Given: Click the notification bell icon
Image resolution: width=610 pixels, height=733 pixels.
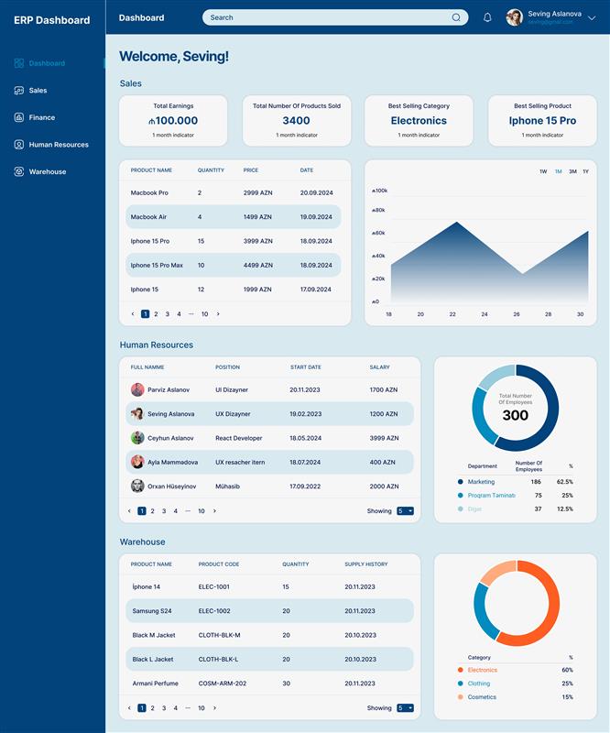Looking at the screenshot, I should [x=487, y=17].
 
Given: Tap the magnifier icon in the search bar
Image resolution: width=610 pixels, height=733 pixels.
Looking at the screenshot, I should [x=456, y=17].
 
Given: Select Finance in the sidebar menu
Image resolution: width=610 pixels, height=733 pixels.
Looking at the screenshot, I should [x=41, y=117].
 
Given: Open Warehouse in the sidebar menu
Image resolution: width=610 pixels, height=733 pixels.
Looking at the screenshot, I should [x=47, y=171].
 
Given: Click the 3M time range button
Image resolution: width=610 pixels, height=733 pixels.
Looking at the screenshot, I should [x=572, y=171].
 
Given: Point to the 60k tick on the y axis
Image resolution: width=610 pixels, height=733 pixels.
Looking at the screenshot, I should [x=380, y=233].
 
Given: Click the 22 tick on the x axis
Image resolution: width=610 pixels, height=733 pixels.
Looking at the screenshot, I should [x=452, y=314].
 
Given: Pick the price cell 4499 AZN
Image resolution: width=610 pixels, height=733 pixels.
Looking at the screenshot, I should [x=257, y=266].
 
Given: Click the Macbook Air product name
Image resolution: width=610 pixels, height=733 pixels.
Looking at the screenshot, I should [x=148, y=217].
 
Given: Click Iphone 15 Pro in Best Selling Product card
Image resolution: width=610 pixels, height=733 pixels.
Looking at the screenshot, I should [x=542, y=121].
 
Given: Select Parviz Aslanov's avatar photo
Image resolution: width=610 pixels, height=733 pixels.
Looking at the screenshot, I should [x=137, y=389].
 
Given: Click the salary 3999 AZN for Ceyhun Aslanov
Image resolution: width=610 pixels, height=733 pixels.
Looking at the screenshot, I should [x=384, y=438].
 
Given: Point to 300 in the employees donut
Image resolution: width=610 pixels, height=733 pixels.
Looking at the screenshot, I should [x=515, y=416].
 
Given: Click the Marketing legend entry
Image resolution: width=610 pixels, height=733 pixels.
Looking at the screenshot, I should [x=481, y=482].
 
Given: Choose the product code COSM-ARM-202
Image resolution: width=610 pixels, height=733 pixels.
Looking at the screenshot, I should [x=222, y=684].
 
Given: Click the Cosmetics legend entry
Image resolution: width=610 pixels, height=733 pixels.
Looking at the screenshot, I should [x=482, y=697].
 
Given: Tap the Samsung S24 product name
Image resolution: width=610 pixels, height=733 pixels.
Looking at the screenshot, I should [x=152, y=611].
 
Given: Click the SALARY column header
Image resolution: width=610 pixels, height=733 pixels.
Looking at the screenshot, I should [x=379, y=367].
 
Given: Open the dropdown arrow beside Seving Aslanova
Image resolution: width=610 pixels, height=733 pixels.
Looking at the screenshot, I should [x=593, y=17].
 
